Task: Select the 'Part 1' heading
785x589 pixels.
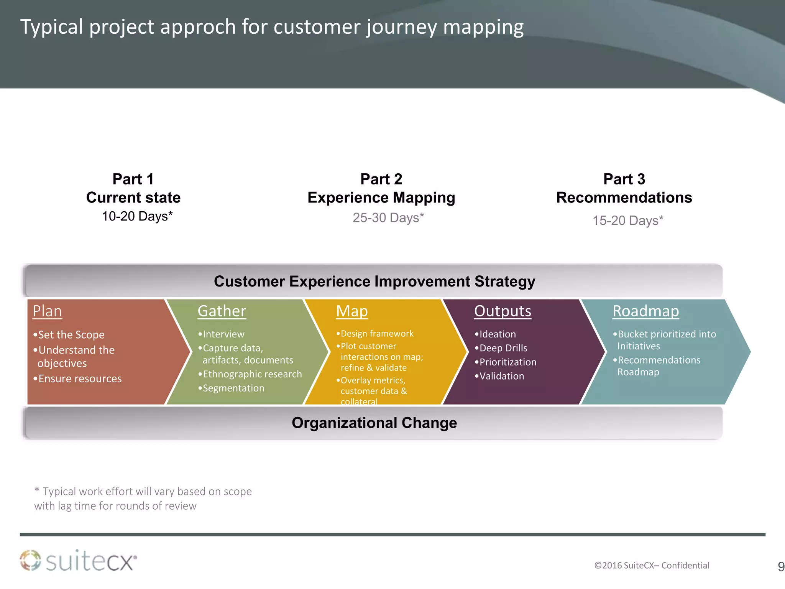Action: pyautogui.click(x=133, y=179)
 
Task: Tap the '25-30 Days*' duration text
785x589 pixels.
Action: pyautogui.click(x=388, y=218)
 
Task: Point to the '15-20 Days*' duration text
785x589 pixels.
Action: pyautogui.click(x=627, y=220)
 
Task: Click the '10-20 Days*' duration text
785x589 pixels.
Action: pyautogui.click(x=137, y=216)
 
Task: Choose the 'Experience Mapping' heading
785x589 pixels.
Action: pyautogui.click(x=381, y=198)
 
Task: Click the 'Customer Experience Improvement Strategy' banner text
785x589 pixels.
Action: pyautogui.click(x=374, y=281)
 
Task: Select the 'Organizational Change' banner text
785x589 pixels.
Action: pyautogui.click(x=374, y=423)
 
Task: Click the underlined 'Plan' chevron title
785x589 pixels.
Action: pyautogui.click(x=47, y=311)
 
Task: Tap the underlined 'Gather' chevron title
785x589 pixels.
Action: pyautogui.click(x=222, y=311)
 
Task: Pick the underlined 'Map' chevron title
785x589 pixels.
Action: pyautogui.click(x=351, y=311)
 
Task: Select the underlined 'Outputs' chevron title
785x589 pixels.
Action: pyautogui.click(x=503, y=311)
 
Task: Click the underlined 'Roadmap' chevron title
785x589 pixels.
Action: pyautogui.click(x=645, y=311)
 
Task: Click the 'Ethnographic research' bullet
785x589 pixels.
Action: pyautogui.click(x=252, y=374)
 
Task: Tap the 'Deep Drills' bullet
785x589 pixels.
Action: pyautogui.click(x=503, y=348)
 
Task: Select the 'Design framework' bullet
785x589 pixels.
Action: pyautogui.click(x=377, y=334)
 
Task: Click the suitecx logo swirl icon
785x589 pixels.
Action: pyautogui.click(x=30, y=560)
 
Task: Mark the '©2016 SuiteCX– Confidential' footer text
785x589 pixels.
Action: pyautogui.click(x=652, y=566)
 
